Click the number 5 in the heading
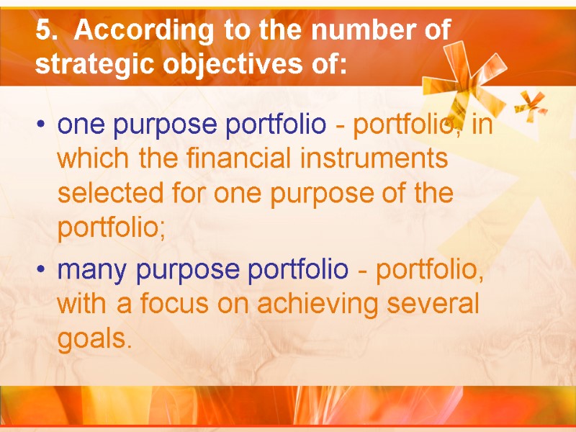(x=43, y=31)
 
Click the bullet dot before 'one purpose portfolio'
(x=45, y=126)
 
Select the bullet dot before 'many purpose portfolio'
(x=45, y=271)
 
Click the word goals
(x=94, y=339)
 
